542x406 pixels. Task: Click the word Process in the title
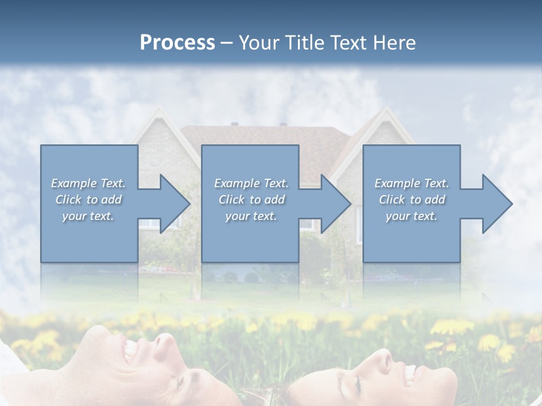[x=177, y=43]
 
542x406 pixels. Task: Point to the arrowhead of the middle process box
[x=337, y=204]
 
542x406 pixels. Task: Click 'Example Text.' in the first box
[x=88, y=183]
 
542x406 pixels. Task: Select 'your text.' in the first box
[x=88, y=216]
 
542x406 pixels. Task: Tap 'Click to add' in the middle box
[x=251, y=200]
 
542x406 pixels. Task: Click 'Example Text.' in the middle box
[x=251, y=183]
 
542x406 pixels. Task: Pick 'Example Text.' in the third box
[x=412, y=183]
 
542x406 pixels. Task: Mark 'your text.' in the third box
[x=412, y=216]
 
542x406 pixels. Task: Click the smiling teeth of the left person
[x=130, y=352]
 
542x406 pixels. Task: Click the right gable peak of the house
[x=385, y=111]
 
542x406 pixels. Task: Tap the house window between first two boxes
[x=151, y=223]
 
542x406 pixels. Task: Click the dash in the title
[x=227, y=43]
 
